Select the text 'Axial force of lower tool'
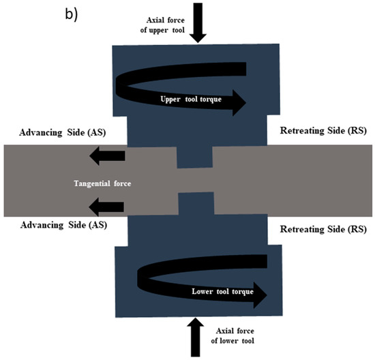(233, 332)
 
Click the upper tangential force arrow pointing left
(106, 157)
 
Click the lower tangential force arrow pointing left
(106, 205)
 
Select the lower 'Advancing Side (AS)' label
(64, 225)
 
